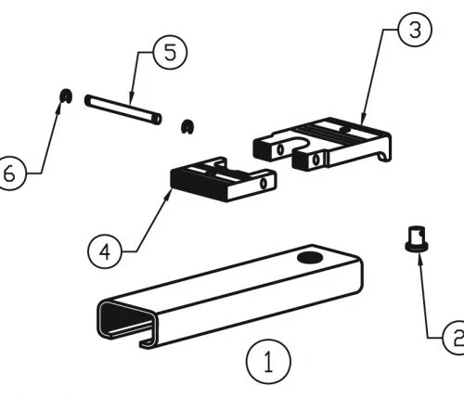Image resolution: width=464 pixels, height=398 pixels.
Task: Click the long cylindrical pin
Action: pyautogui.click(x=123, y=109)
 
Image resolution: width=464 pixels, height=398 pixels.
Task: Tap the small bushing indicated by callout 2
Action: pyautogui.click(x=417, y=239)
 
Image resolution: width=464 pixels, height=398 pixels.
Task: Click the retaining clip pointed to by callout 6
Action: pyautogui.click(x=66, y=96)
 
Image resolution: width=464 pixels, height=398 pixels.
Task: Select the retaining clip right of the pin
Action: pyautogui.click(x=187, y=126)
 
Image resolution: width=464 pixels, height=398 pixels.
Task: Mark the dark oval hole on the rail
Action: pyautogui.click(x=310, y=257)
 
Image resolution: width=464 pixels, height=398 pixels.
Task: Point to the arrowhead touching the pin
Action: pyautogui.click(x=131, y=98)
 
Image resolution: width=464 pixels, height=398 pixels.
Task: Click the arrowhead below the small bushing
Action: pyautogui.click(x=419, y=258)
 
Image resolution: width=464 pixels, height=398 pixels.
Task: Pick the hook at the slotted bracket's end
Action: pyautogui.click(x=384, y=157)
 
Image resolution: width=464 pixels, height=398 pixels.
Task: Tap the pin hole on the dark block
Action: pyautogui.click(x=264, y=183)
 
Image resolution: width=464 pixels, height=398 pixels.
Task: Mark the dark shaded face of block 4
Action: pyautogui.click(x=198, y=185)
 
